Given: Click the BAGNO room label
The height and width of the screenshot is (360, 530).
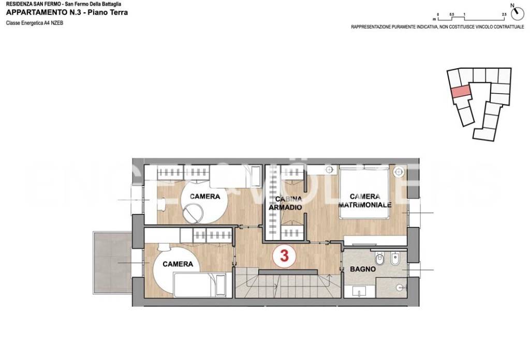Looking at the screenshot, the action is tap(363, 269).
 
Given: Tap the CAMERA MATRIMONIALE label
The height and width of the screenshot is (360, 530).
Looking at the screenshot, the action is tap(365, 201).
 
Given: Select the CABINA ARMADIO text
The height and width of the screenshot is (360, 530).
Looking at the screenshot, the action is tap(285, 203).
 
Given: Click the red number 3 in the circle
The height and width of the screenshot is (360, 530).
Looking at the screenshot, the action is tap(284, 256).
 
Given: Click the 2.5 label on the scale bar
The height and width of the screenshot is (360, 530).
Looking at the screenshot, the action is tap(504, 14).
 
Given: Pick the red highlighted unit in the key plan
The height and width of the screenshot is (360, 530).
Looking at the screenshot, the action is tap(460, 92).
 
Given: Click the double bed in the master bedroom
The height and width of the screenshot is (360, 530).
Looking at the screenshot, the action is tap(364, 192).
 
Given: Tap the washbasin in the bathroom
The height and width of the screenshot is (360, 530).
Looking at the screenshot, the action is tap(359, 291).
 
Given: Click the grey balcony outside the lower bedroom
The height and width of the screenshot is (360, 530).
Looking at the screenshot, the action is tap(112, 262).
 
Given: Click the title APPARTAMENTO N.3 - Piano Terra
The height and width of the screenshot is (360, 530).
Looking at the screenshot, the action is tap(67, 13).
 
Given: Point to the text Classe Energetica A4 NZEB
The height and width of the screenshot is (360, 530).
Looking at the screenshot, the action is tap(35, 23).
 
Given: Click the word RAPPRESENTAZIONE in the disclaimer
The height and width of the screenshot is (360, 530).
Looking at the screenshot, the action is tap(371, 27).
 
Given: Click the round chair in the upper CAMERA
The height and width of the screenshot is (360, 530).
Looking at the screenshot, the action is tap(193, 214).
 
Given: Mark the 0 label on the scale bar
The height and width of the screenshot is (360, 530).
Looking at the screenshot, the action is tap(438, 14).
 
